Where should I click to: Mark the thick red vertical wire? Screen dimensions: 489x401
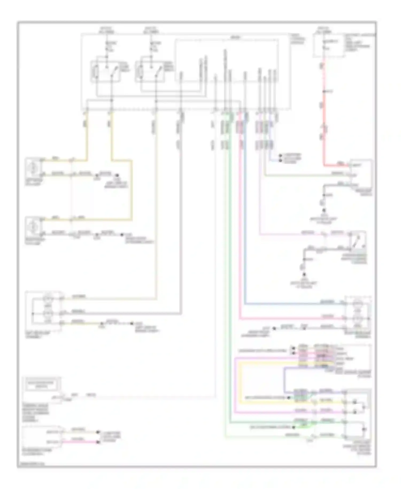tap(324, 112)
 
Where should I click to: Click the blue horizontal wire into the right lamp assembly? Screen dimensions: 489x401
tap(294, 304)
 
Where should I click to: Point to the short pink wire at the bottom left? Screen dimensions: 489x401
tap(80, 442)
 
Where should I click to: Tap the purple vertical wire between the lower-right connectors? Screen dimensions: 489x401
tap(285, 380)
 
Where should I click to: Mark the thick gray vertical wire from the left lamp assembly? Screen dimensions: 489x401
tap(181, 214)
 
